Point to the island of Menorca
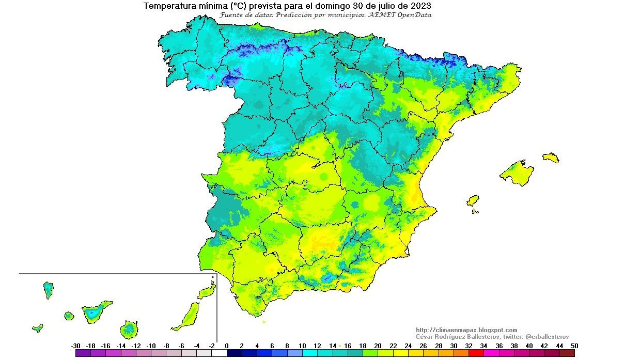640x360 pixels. coord(551,158)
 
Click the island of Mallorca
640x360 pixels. coord(517,172)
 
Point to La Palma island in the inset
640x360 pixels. coord(48,290)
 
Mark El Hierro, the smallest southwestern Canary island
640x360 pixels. coord(37,327)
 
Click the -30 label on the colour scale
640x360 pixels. coord(75,346)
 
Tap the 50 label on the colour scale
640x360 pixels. coord(574,346)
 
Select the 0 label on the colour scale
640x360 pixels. coord(227,346)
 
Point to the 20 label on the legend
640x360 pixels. coord(378,346)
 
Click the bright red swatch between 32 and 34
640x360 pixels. coord(476,353)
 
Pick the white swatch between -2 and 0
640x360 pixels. coord(220,353)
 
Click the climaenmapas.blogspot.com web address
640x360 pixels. coord(466,330)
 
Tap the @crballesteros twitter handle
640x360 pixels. coord(547,337)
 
